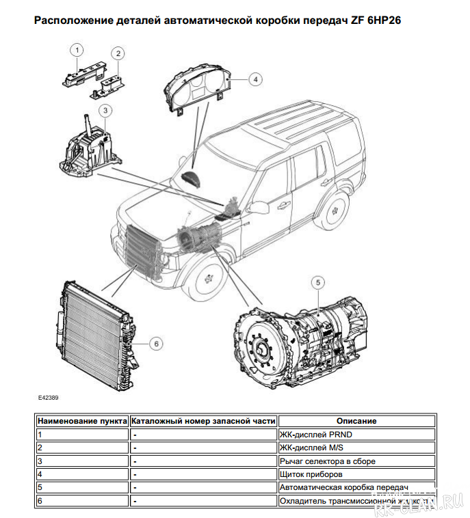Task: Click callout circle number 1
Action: pyautogui.click(x=77, y=50)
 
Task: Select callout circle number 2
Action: pyautogui.click(x=118, y=53)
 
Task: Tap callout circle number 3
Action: pyautogui.click(x=105, y=109)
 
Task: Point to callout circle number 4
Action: pyautogui.click(x=254, y=79)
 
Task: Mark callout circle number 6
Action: pyautogui.click(x=156, y=343)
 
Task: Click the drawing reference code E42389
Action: pyautogui.click(x=49, y=396)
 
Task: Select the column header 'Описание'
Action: pyautogui.click(x=356, y=421)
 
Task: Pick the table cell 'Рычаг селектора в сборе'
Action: pyautogui.click(x=327, y=461)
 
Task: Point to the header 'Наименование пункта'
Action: pyautogui.click(x=82, y=421)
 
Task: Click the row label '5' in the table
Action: pyautogui.click(x=40, y=487)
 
